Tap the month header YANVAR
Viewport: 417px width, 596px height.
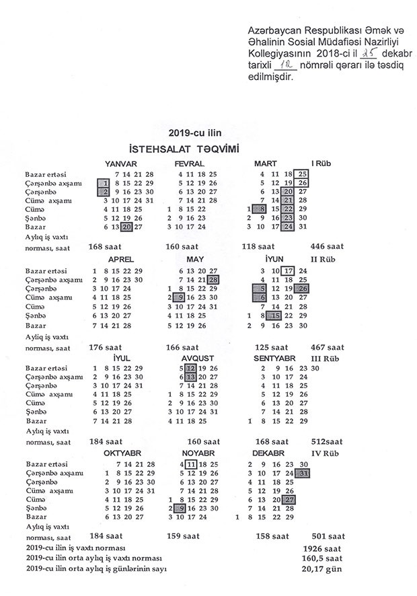pos(121,164)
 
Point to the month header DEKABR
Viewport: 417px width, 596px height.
pos(269,454)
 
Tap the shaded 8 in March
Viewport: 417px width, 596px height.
pos(255,209)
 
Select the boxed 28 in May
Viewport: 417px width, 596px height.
pos(214,279)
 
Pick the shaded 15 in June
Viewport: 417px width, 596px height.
pos(274,315)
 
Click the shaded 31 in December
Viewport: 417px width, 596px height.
pos(305,474)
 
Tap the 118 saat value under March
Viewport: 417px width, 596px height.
pos(258,246)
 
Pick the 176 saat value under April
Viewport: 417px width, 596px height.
pos(105,347)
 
